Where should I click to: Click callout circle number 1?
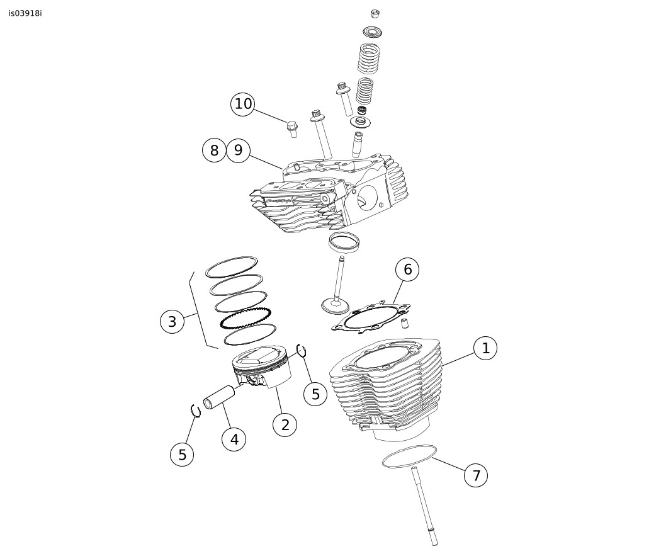485,348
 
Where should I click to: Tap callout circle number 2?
285,424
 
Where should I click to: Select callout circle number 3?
172,322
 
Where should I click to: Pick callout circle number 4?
234,440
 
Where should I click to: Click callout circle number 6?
407,269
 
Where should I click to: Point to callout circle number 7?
476,475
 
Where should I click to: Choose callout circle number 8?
214,150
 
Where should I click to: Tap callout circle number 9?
238,150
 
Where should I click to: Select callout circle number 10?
243,104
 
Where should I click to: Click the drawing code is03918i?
25,13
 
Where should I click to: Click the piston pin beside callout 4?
219,397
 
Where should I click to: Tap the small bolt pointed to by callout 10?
292,128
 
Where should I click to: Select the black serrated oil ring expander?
246,318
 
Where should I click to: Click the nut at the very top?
374,13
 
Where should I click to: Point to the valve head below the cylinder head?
335,307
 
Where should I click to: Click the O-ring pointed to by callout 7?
409,455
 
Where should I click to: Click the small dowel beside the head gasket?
405,324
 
